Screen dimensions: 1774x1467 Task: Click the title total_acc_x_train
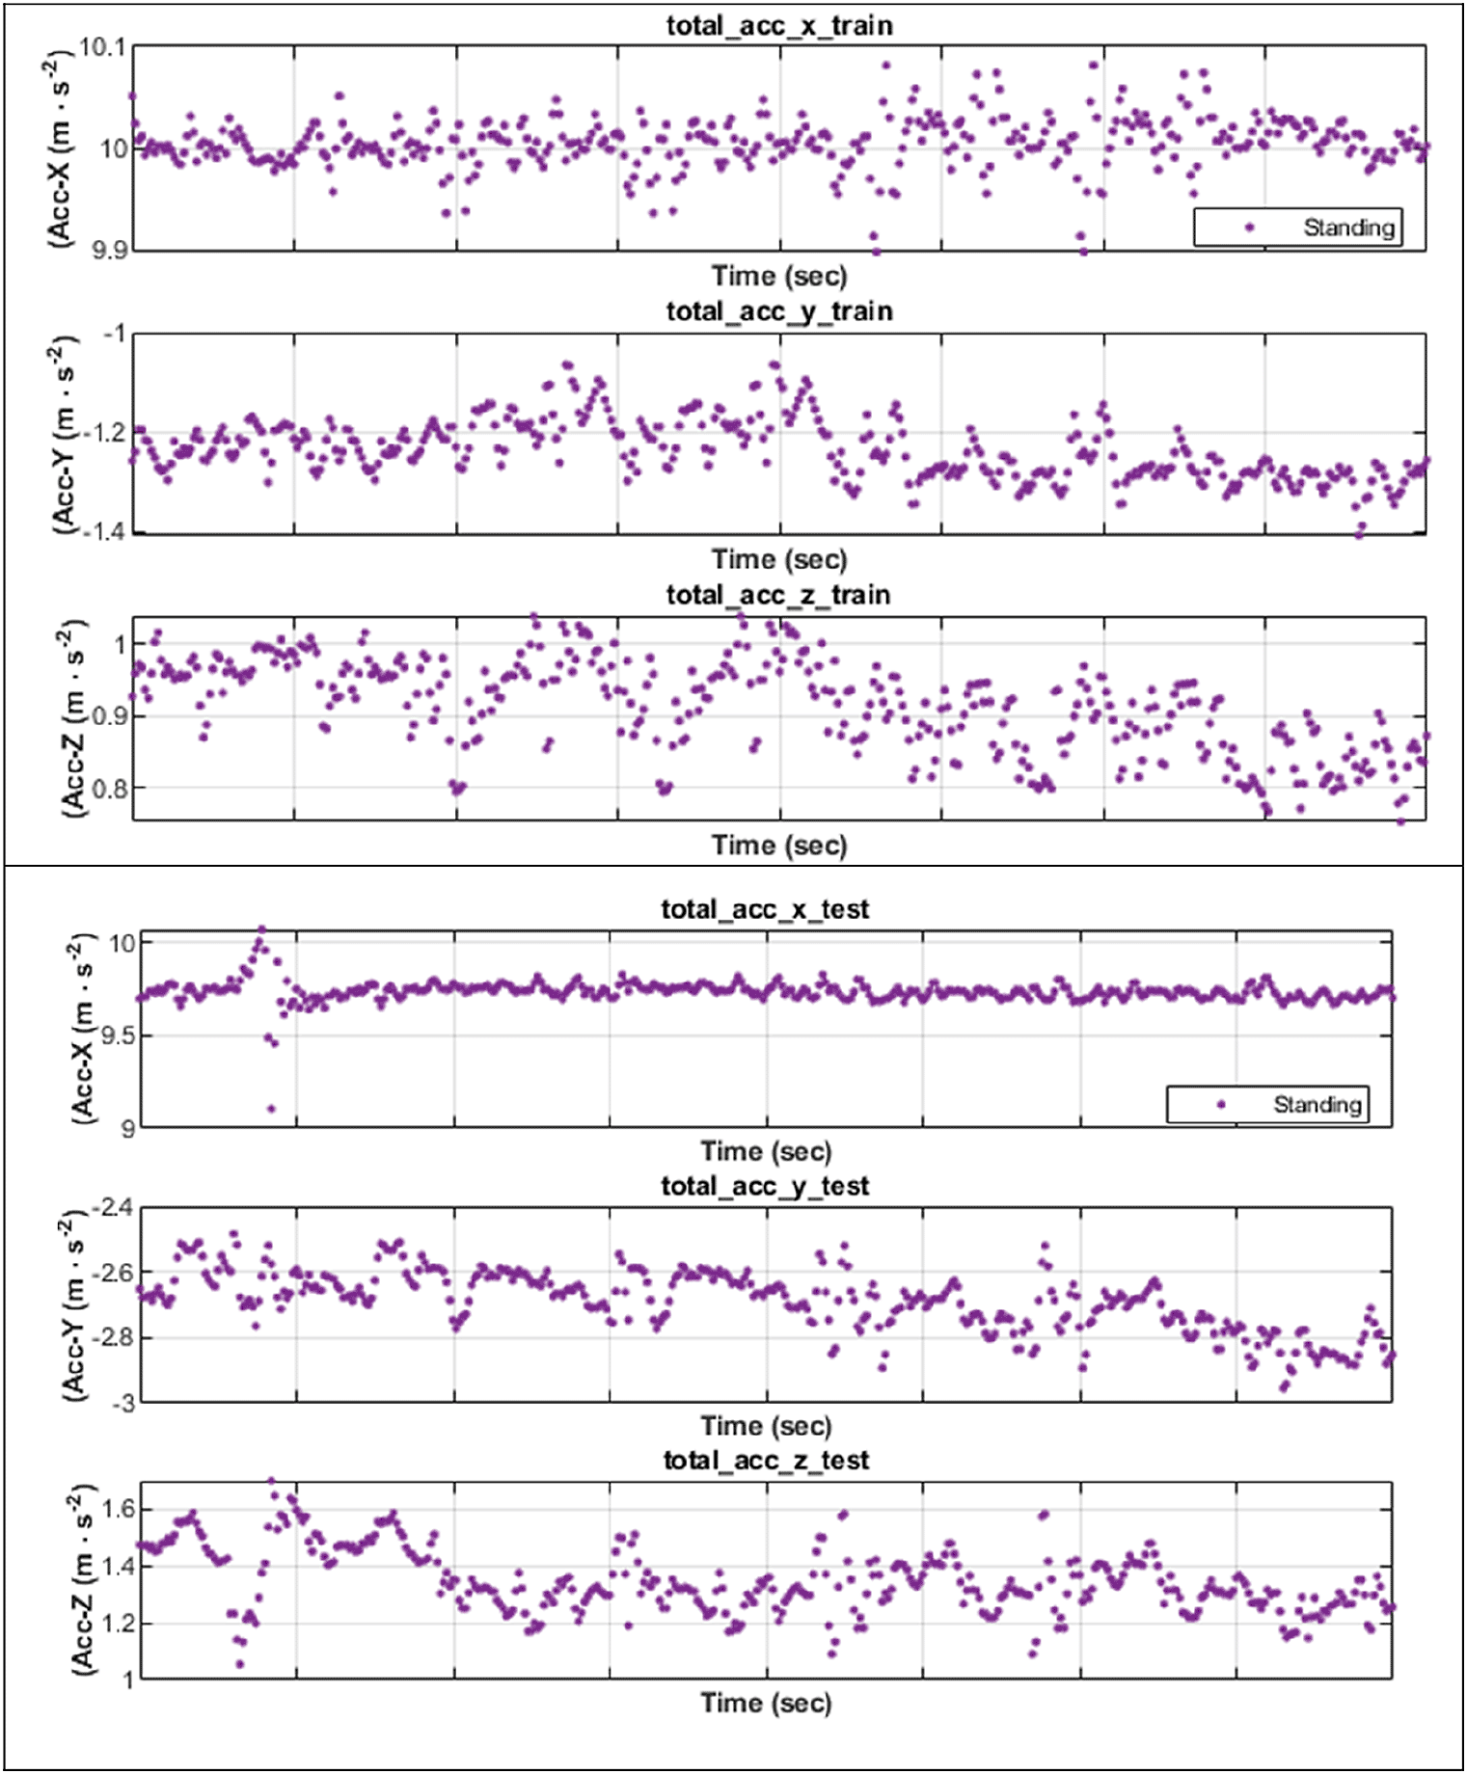[779, 26]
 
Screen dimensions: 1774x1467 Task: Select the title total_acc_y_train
[779, 311]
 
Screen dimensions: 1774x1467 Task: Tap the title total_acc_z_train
[778, 595]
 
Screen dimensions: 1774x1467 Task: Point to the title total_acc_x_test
[765, 909]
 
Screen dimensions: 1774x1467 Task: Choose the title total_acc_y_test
[765, 1186]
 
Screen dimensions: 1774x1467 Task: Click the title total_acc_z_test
[766, 1461]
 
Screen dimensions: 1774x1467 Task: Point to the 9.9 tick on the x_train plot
[109, 251]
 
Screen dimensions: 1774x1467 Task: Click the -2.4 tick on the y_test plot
[113, 1208]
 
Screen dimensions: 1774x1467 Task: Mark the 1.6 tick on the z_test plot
[118, 1509]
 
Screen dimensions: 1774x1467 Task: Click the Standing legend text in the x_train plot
[1348, 228]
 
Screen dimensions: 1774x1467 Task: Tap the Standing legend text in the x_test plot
[1317, 1104]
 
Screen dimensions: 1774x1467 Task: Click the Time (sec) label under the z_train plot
[779, 846]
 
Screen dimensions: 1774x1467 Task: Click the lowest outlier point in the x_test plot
[271, 1109]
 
